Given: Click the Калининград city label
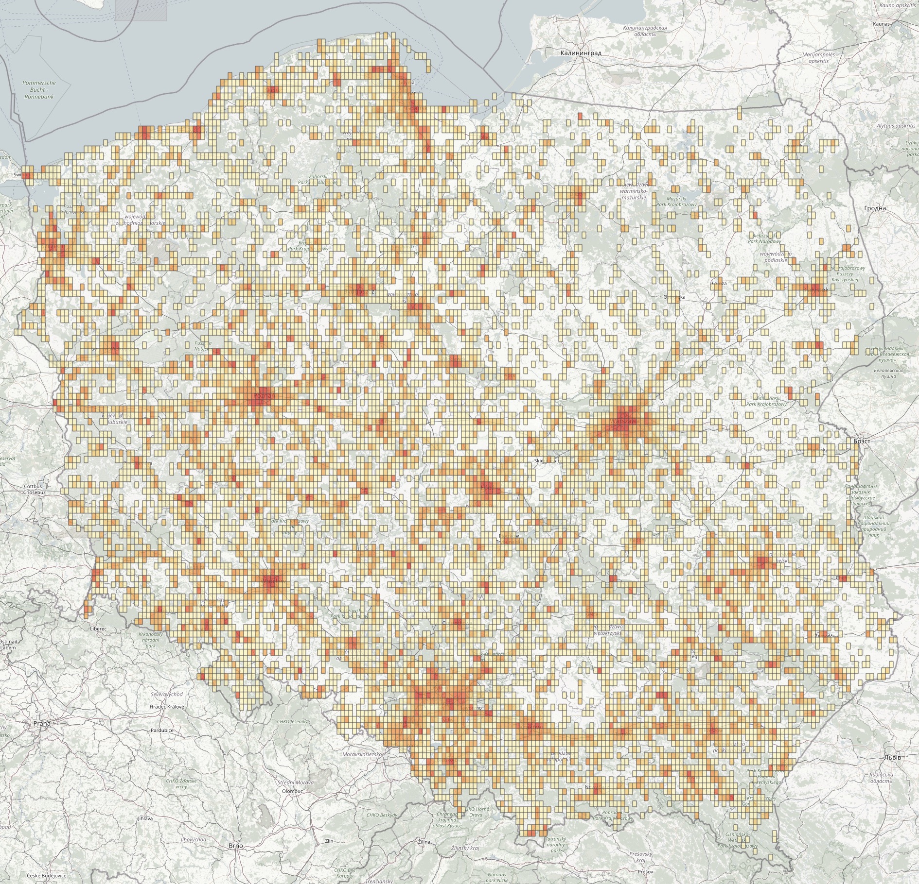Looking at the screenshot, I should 581,53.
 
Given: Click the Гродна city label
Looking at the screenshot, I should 875,208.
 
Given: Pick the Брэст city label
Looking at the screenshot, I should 862,441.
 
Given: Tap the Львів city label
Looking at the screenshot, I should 893,757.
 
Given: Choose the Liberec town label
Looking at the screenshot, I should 98,629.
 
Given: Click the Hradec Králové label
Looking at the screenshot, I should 167,707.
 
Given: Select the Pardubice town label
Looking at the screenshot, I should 162,730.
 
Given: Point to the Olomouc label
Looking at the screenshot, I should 292,791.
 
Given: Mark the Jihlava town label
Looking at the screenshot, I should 145,818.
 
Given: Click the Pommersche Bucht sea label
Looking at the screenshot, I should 39,89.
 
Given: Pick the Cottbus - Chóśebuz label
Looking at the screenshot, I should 35,489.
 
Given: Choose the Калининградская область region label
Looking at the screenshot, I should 645,31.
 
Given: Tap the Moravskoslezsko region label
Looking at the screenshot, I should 362,754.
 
